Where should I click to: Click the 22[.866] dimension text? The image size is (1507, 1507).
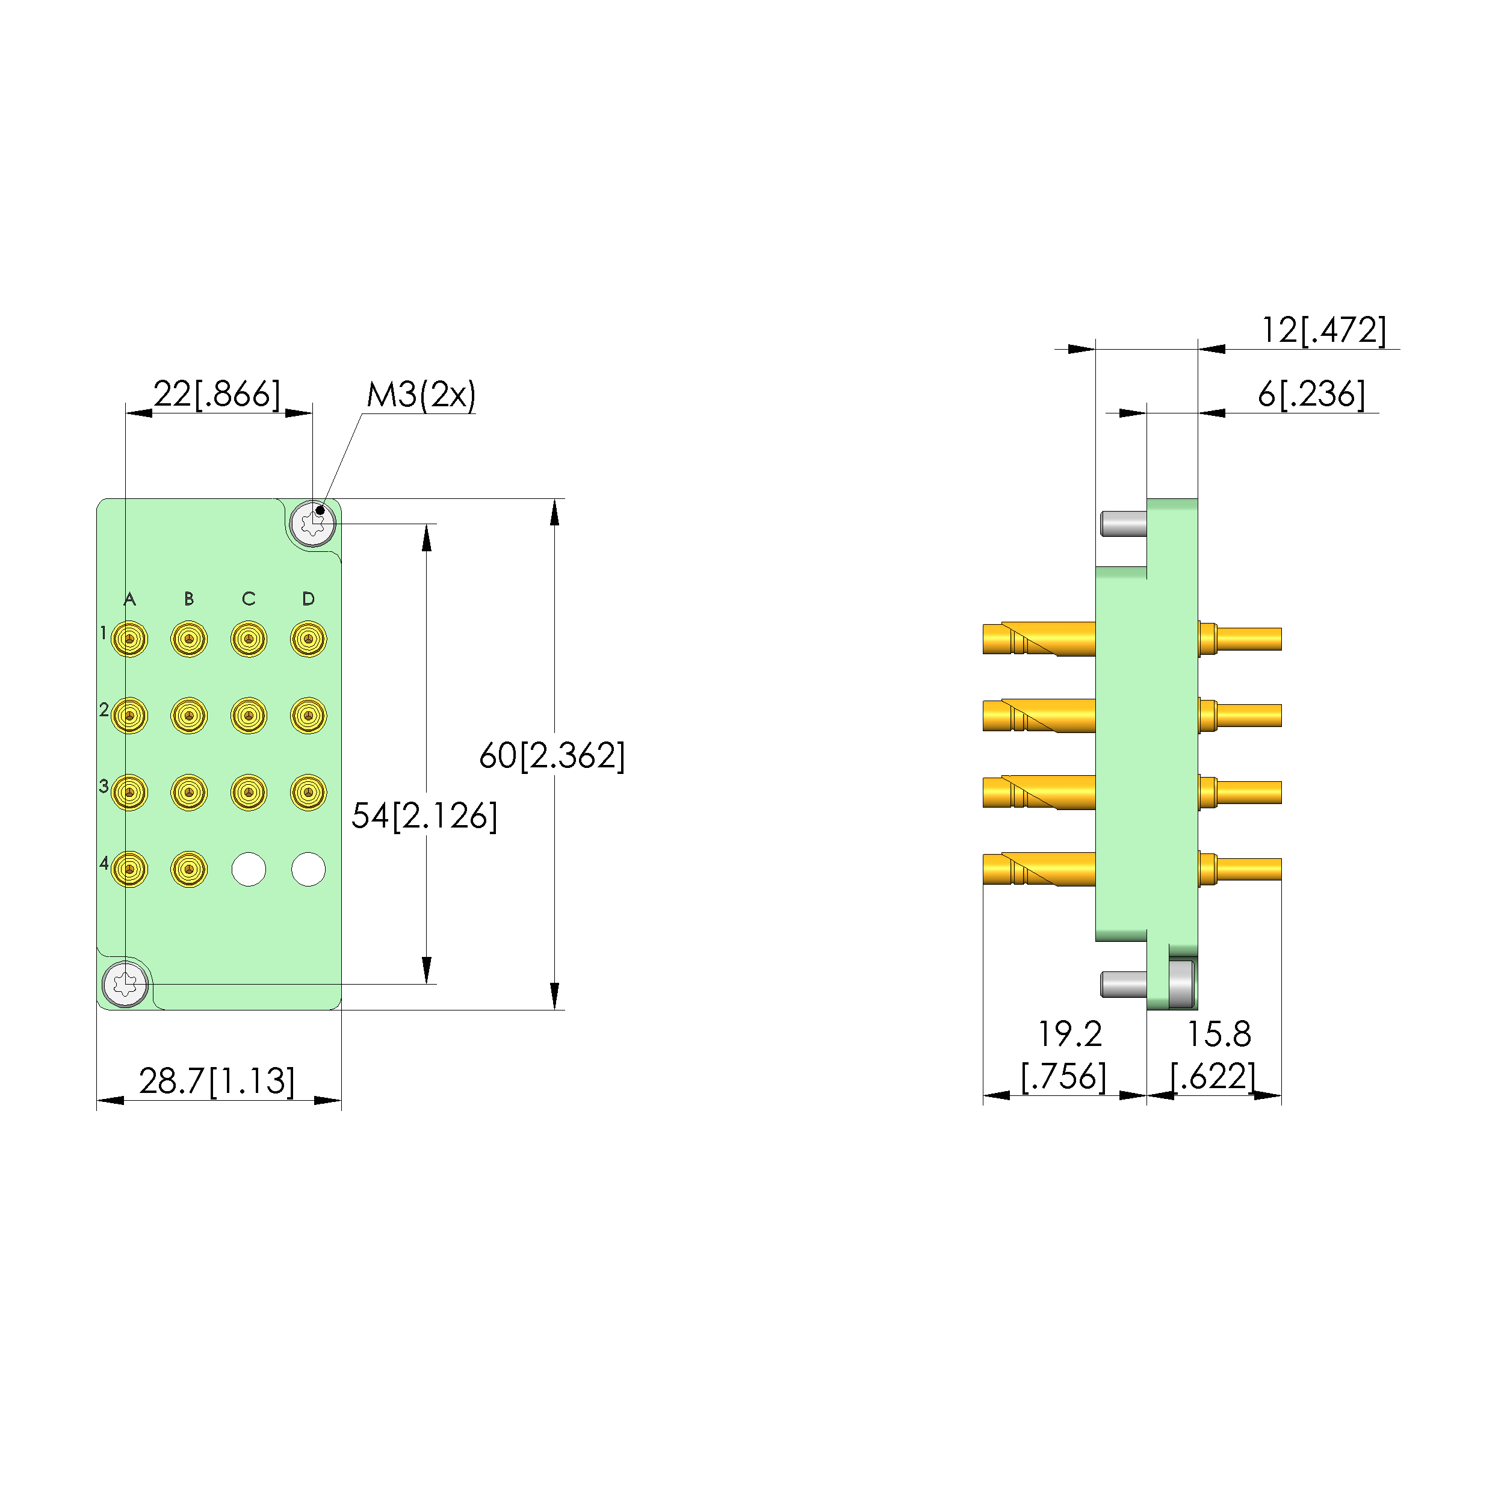pos(216,394)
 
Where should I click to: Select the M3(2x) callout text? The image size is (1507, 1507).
pos(421,395)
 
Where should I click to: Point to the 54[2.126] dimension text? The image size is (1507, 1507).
pos(424,816)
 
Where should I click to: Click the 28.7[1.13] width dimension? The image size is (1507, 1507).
pos(217,1081)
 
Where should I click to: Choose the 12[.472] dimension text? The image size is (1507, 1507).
pos(1323,330)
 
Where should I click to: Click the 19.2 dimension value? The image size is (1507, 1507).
pos(1069,1035)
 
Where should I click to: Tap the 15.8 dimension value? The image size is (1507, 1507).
pos(1218,1035)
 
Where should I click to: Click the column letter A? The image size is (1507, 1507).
pos(129,599)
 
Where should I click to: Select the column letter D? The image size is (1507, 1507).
pos(308,599)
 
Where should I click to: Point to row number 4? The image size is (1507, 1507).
pos(104,862)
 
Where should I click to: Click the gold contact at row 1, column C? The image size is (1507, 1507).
pos(249,639)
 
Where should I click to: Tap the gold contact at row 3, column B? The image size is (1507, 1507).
pos(189,793)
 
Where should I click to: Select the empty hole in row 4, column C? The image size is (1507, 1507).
pos(249,869)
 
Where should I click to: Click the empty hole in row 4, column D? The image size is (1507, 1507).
pos(308,869)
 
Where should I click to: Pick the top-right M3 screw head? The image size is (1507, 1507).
pos(313,524)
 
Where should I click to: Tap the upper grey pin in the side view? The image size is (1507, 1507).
pos(1123,524)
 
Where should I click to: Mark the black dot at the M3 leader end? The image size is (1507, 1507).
pos(320,510)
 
